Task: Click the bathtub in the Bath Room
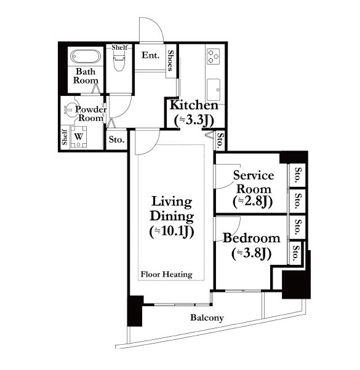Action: coord(86,56)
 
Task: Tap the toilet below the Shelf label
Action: coord(119,60)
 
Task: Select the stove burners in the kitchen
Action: coord(214,57)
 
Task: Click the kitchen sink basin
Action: coord(214,90)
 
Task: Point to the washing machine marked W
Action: coord(79,136)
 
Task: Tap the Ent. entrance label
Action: coord(150,55)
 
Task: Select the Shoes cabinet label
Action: coord(170,61)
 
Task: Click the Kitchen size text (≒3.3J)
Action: coord(194,120)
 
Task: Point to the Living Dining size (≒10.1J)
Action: coord(172,232)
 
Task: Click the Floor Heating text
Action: coord(167,274)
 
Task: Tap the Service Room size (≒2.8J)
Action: coord(253,202)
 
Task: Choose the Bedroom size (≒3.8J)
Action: coord(251,253)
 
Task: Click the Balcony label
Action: coord(207,318)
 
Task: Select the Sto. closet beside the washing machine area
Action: coord(116,140)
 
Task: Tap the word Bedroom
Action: coord(251,238)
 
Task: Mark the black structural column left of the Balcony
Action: coord(135,311)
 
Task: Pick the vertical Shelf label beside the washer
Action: coord(65,137)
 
